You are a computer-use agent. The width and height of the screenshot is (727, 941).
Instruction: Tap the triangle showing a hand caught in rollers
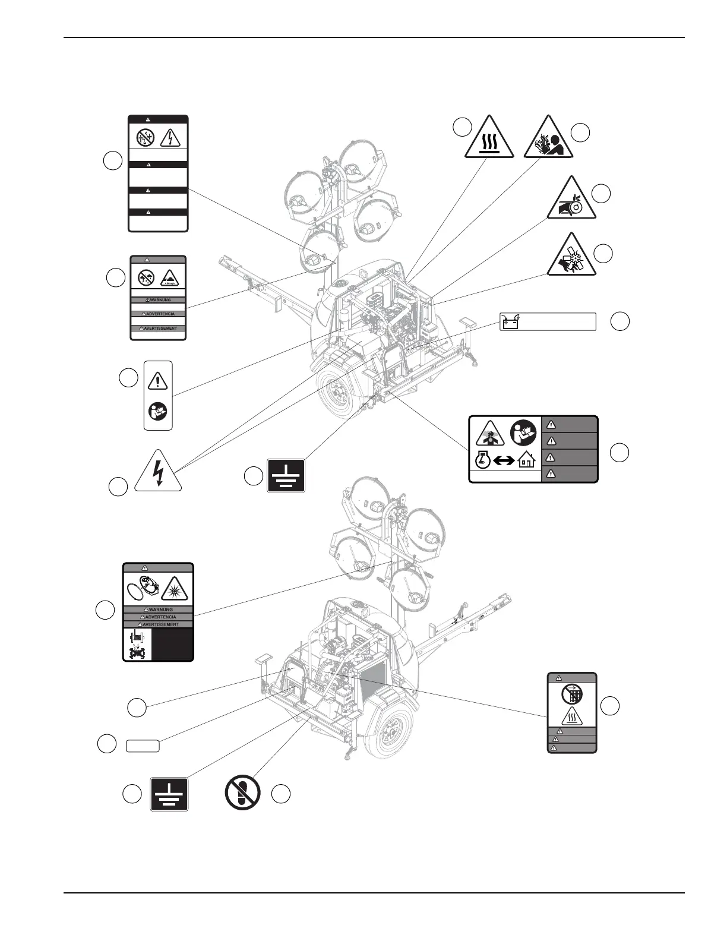pyautogui.click(x=570, y=200)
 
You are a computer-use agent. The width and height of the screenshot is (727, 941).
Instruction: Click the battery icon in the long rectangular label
pyautogui.click(x=510, y=321)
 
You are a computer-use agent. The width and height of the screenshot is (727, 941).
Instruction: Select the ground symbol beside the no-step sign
pyautogui.click(x=169, y=794)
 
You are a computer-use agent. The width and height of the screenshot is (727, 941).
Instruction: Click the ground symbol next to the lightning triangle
pyautogui.click(x=286, y=475)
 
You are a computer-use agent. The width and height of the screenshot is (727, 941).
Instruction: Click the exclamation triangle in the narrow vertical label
pyautogui.click(x=158, y=380)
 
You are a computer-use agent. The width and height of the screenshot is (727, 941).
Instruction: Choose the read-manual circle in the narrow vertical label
pyautogui.click(x=158, y=410)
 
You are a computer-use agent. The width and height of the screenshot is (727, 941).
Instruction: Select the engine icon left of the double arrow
pyautogui.click(x=482, y=460)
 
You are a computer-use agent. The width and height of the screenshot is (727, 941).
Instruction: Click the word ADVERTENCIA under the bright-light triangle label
pyautogui.click(x=159, y=617)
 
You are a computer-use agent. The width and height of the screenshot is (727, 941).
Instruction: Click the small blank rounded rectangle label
pyautogui.click(x=143, y=746)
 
